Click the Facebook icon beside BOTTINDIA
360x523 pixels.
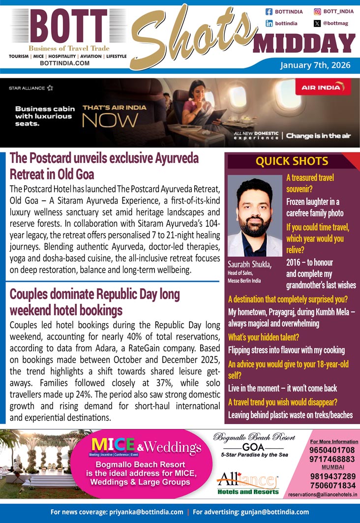[x=269, y=11]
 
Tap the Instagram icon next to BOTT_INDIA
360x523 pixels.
[x=317, y=11]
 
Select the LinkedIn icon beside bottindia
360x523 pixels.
[x=269, y=23]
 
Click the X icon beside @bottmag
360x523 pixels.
[x=317, y=23]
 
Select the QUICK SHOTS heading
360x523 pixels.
[x=292, y=161]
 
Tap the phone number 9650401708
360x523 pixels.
[x=332, y=450]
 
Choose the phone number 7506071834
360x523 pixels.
[x=332, y=485]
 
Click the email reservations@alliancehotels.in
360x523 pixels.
[x=323, y=494]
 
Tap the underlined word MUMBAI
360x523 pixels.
[x=332, y=467]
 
